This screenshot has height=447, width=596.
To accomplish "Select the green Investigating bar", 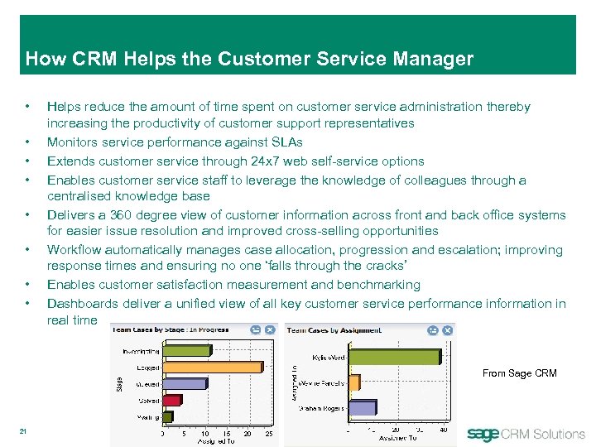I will [x=185, y=351].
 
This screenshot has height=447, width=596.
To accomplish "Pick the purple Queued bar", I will [x=183, y=383].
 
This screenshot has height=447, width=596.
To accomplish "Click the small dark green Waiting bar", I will [x=167, y=416].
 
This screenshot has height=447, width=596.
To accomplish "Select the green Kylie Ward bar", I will [x=396, y=357].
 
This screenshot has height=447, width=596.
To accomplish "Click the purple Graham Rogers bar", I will [x=363, y=407].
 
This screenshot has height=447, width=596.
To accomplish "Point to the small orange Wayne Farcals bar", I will [x=354, y=382].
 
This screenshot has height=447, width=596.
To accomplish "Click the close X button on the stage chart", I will [x=272, y=329].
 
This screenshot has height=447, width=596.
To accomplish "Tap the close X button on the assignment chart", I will [x=447, y=329].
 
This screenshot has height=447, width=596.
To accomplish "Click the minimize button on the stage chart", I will [x=257, y=329].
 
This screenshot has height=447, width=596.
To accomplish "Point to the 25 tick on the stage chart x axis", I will [x=269, y=433].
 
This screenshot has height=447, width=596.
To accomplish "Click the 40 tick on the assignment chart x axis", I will [x=443, y=430].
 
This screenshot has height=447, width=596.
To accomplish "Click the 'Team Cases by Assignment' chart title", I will [x=334, y=329].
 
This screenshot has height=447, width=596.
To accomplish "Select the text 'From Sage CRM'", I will [x=519, y=373].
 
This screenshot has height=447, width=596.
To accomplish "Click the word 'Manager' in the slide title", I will [x=434, y=59].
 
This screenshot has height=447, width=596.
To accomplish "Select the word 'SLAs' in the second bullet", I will [x=286, y=142].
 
